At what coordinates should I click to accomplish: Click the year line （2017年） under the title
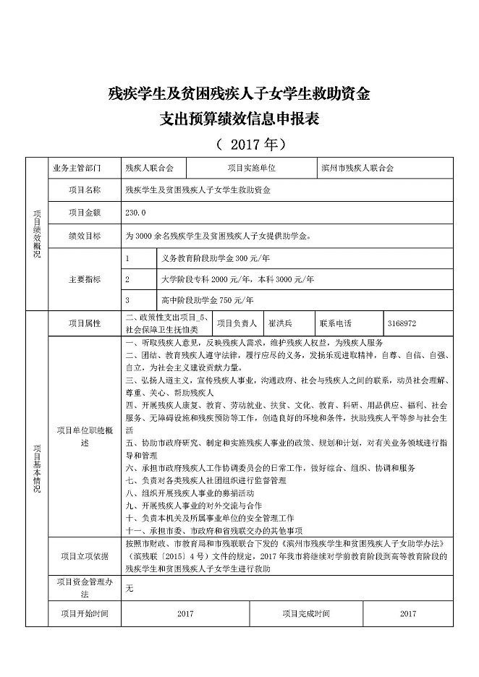[239, 143]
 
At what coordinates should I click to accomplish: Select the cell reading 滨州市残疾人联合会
[358, 168]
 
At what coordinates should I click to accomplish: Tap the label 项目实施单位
[251, 168]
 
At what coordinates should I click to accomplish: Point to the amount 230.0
[135, 213]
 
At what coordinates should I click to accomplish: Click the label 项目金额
[84, 213]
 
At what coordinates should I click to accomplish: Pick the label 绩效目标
[84, 236]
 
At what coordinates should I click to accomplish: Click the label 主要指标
[84, 278]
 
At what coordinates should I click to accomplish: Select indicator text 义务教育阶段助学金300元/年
[205, 257]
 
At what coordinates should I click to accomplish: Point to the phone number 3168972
[402, 323]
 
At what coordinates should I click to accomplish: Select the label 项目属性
[84, 323]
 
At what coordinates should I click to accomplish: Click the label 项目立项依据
[84, 555]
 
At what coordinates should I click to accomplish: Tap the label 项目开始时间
[84, 613]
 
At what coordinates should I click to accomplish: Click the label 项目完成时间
[306, 613]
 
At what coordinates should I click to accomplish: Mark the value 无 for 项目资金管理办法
[130, 589]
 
